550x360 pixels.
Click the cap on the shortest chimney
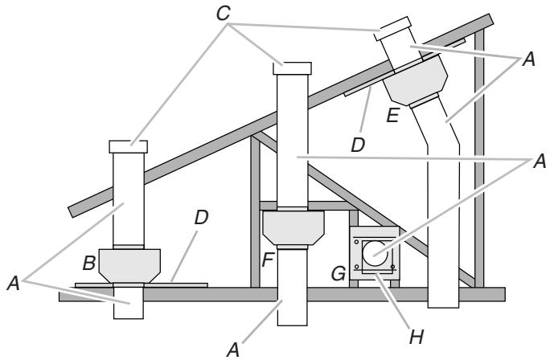click(x=128, y=145)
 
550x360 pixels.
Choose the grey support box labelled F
click(x=293, y=228)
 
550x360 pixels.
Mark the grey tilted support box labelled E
click(x=416, y=80)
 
